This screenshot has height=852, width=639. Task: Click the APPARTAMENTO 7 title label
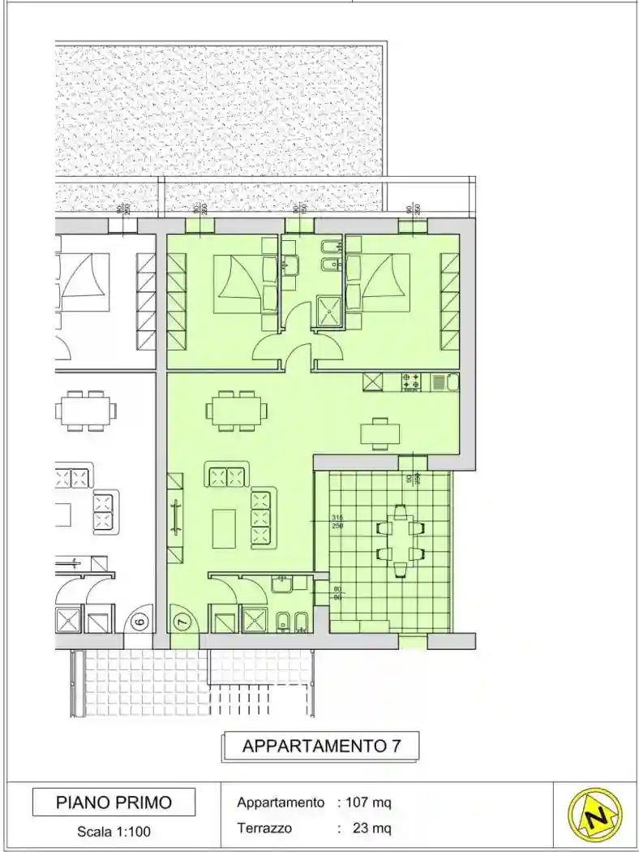(x=320, y=747)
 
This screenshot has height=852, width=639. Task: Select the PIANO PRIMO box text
(x=114, y=803)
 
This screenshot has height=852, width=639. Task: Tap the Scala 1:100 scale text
(x=114, y=831)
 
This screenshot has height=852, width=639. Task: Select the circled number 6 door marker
(x=139, y=622)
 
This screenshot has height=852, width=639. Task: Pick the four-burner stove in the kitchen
(x=411, y=381)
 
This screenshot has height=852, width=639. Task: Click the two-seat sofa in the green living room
(x=226, y=474)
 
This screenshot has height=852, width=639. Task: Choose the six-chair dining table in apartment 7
(x=236, y=408)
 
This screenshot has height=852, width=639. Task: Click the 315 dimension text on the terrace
(x=338, y=519)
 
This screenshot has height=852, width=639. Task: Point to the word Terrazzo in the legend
(x=264, y=828)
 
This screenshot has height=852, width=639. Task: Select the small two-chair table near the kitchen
(x=380, y=433)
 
